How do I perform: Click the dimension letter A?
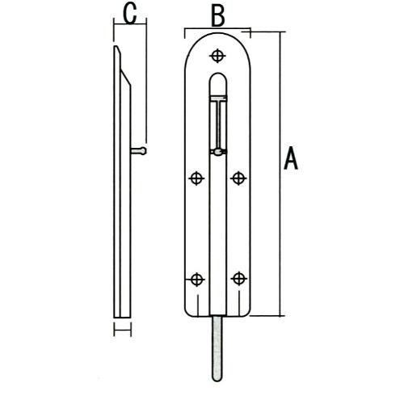[291, 158]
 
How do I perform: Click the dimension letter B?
[218, 16]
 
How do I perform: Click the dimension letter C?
[130, 14]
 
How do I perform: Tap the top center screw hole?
[217, 56]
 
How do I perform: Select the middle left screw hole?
[196, 178]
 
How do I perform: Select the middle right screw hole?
[238, 178]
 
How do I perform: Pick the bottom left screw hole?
[197, 280]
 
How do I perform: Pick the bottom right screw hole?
[239, 279]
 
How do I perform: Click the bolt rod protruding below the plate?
[217, 348]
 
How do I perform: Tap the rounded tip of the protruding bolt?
[217, 379]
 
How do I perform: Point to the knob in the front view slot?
[218, 153]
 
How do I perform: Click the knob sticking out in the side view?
[139, 151]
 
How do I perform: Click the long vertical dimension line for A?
[281, 174]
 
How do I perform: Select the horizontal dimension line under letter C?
[130, 24]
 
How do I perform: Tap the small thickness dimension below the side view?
[123, 330]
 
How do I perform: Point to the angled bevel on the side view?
[125, 78]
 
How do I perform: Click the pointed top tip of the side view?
[116, 47]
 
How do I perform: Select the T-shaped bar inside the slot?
[218, 123]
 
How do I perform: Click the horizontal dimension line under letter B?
[217, 28]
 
